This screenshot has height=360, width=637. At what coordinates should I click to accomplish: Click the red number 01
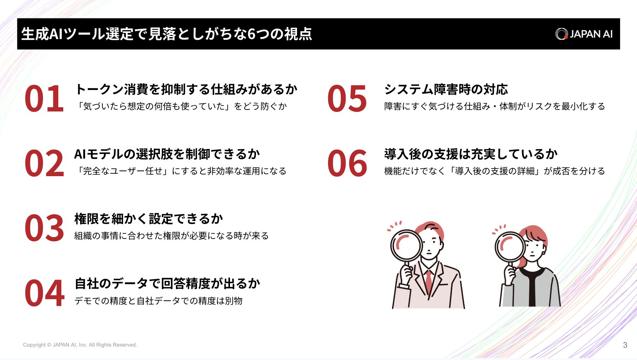click(44, 98)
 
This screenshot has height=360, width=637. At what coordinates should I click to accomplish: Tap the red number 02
click(44, 164)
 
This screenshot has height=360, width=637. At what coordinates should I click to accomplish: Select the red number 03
click(44, 228)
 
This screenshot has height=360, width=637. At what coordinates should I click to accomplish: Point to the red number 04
click(44, 293)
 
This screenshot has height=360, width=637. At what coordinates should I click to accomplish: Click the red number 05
click(347, 98)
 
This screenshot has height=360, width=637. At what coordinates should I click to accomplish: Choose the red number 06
click(347, 164)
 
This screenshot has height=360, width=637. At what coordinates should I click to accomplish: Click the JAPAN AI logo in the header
click(584, 34)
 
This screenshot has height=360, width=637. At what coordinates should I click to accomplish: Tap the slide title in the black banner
click(167, 34)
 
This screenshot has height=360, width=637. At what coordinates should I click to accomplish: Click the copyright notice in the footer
click(80, 345)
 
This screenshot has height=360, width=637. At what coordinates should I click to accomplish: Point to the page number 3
click(625, 345)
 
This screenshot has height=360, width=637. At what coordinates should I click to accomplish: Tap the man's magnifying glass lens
click(406, 245)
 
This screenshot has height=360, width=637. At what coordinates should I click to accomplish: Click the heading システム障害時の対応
click(446, 89)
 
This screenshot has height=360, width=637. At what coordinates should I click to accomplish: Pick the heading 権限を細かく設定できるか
click(149, 219)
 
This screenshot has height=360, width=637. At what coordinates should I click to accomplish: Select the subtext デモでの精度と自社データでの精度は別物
click(158, 301)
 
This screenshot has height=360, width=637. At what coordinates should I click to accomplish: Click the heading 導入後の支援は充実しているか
click(471, 154)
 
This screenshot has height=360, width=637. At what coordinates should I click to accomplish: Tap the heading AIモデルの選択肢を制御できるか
click(167, 154)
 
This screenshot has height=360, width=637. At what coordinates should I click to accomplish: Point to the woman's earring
click(544, 253)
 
